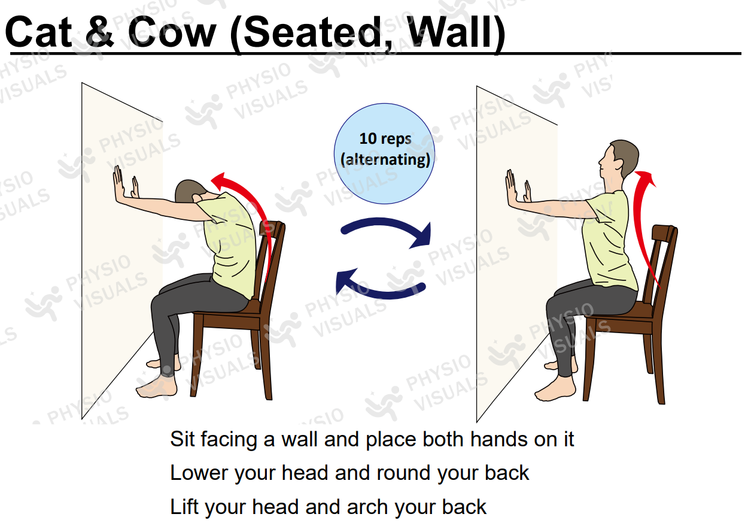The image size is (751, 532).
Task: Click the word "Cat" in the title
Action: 38,32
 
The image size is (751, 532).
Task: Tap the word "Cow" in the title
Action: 172,32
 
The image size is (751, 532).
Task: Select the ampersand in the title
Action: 99,32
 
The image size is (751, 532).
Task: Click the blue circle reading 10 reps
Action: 384,153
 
